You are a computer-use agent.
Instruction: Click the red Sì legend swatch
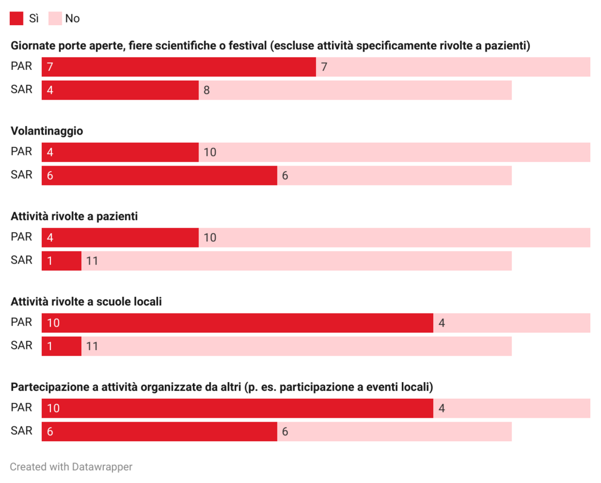[x=17, y=18]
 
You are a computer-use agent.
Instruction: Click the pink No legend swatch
[x=54, y=18]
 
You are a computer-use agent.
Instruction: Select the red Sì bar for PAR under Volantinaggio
[x=120, y=152]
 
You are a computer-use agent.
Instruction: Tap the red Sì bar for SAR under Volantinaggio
[x=159, y=175]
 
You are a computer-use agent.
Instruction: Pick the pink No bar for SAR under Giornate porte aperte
[x=355, y=90]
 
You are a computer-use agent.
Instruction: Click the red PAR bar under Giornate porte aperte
[x=179, y=67]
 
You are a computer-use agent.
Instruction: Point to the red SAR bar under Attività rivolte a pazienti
[x=61, y=261]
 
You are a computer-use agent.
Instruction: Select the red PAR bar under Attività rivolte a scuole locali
[x=237, y=323]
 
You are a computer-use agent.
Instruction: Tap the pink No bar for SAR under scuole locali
[x=296, y=346]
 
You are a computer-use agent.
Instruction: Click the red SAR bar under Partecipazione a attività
[x=159, y=431]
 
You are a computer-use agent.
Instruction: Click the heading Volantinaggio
[x=47, y=131]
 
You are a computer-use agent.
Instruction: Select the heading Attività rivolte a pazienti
[x=74, y=217]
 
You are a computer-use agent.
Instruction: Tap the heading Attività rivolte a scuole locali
[x=86, y=301]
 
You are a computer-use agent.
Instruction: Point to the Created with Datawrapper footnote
[x=71, y=467]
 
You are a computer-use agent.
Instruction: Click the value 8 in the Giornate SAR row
[x=207, y=91]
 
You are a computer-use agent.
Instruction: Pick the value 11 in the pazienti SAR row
[x=92, y=261]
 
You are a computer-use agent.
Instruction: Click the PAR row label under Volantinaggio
[x=22, y=151]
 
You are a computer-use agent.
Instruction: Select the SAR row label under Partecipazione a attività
[x=22, y=430]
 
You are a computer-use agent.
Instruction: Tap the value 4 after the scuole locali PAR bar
[x=441, y=323]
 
